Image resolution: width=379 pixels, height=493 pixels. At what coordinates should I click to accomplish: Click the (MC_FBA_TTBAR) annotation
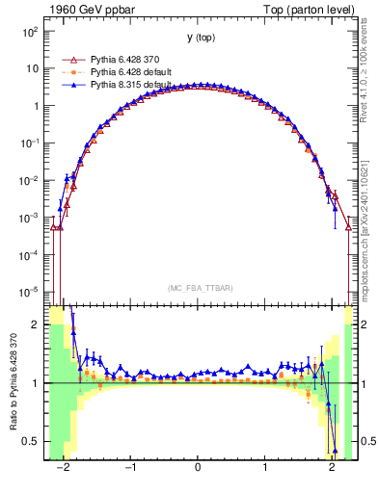[199, 288]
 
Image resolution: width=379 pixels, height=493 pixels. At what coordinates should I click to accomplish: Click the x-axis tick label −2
[64, 465]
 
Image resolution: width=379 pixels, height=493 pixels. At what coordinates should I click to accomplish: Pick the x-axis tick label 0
[198, 465]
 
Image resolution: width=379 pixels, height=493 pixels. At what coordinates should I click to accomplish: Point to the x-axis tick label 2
[332, 465]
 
